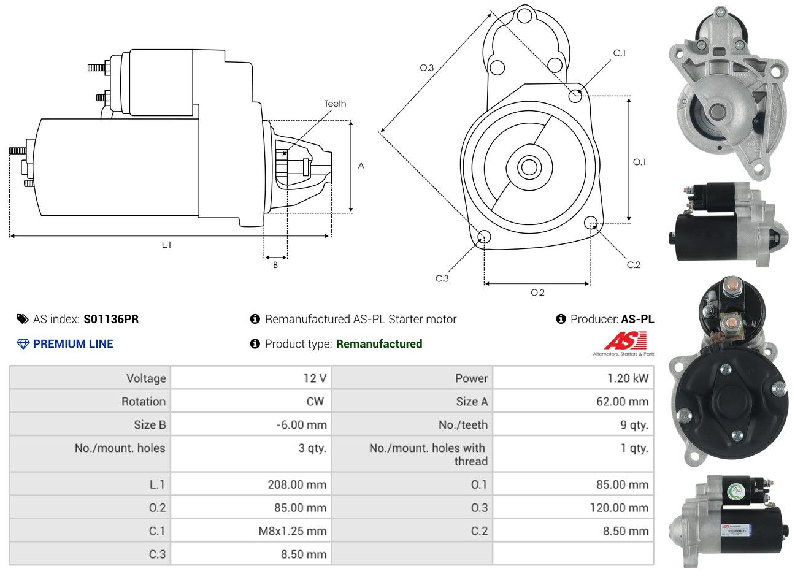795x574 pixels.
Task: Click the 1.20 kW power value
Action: (627, 378)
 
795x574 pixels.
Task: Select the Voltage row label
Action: (146, 378)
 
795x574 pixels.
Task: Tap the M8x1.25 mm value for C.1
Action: (292, 531)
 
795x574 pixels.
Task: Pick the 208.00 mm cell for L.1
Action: (297, 484)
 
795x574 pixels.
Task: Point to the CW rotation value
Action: (315, 402)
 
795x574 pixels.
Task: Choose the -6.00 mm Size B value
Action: (301, 425)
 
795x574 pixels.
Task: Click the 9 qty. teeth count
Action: (634, 425)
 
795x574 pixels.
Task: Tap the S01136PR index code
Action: (111, 319)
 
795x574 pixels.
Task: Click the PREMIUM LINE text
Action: (73, 344)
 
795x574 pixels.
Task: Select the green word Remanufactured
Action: (379, 344)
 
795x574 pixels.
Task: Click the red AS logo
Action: (625, 341)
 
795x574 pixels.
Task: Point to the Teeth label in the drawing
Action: (335, 104)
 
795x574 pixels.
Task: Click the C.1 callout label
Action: (620, 53)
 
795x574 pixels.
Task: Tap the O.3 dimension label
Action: (427, 67)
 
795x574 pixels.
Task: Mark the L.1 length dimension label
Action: (166, 245)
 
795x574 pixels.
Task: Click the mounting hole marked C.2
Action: (591, 223)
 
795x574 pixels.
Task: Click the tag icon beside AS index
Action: (23, 319)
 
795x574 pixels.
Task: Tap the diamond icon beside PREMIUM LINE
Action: (23, 344)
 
